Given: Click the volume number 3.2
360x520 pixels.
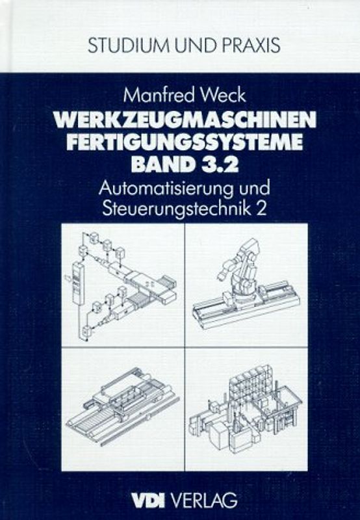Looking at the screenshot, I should point(217,163).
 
